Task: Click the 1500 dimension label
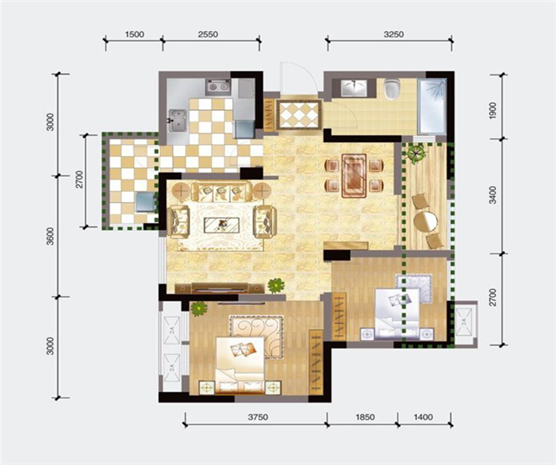(135, 35)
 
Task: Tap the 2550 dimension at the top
(208, 35)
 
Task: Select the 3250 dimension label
(394, 35)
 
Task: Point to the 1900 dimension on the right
(493, 110)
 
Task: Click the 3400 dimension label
(493, 195)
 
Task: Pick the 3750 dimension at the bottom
(258, 417)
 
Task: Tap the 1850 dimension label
(365, 417)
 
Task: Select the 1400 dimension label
(423, 417)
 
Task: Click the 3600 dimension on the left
(50, 236)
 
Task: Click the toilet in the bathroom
(392, 88)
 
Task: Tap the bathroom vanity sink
(354, 87)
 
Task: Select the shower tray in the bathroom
(432, 106)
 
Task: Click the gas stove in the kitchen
(218, 86)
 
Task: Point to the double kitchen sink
(177, 120)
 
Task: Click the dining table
(354, 175)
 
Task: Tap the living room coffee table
(222, 225)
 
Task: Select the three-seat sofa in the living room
(222, 192)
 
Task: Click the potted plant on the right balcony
(416, 154)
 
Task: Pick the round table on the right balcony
(426, 220)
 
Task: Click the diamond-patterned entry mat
(300, 115)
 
